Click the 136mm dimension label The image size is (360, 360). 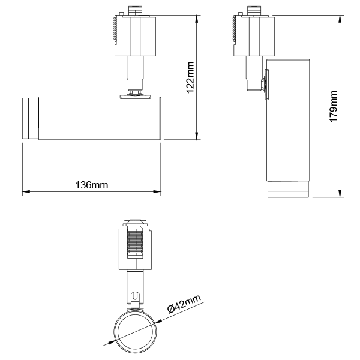(92, 185)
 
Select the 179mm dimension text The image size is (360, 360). (334, 106)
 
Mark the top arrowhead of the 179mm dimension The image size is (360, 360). (340, 17)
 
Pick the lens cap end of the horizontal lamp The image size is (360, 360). (29, 118)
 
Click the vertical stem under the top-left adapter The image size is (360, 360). (135, 74)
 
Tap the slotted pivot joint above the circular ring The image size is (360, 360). (136, 296)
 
